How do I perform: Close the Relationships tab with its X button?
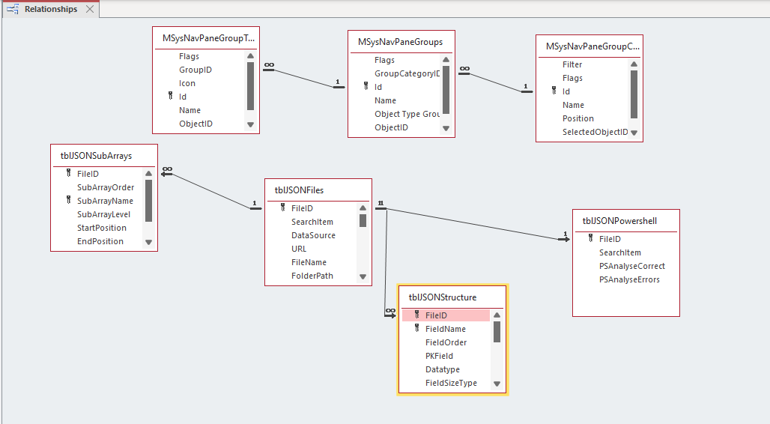[x=90, y=9]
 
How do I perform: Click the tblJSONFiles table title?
[x=299, y=190]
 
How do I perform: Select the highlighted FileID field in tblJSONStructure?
[x=436, y=315]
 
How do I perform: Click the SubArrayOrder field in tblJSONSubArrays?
[x=106, y=187]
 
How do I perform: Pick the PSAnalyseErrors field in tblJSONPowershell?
[x=629, y=279]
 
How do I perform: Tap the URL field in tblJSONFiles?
[x=299, y=249]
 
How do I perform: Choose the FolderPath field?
[x=312, y=276]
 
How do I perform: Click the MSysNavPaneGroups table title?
[x=400, y=42]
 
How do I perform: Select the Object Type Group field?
[x=407, y=114]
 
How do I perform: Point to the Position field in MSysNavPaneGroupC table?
[x=578, y=118]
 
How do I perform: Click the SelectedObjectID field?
[x=595, y=132]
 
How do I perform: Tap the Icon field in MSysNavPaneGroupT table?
[x=187, y=83]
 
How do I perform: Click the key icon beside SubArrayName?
[x=69, y=201]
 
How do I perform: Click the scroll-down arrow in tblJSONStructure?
[x=497, y=384]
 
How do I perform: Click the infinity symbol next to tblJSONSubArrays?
[x=168, y=169]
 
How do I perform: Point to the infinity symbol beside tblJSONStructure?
[x=390, y=310]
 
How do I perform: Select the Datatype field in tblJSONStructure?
[x=443, y=369]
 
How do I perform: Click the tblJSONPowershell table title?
[x=619, y=221]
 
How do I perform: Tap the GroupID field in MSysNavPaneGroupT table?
[x=195, y=70]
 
